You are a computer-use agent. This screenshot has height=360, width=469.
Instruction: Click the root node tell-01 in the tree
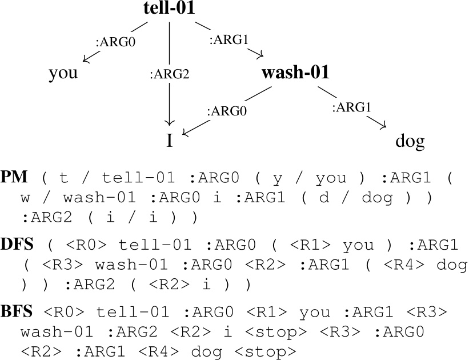(x=169, y=9)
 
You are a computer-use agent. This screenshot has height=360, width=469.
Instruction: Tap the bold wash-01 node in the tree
(x=295, y=73)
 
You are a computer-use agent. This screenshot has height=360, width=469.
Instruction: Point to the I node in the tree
(x=169, y=140)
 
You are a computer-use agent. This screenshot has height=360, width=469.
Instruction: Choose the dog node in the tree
(x=410, y=140)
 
